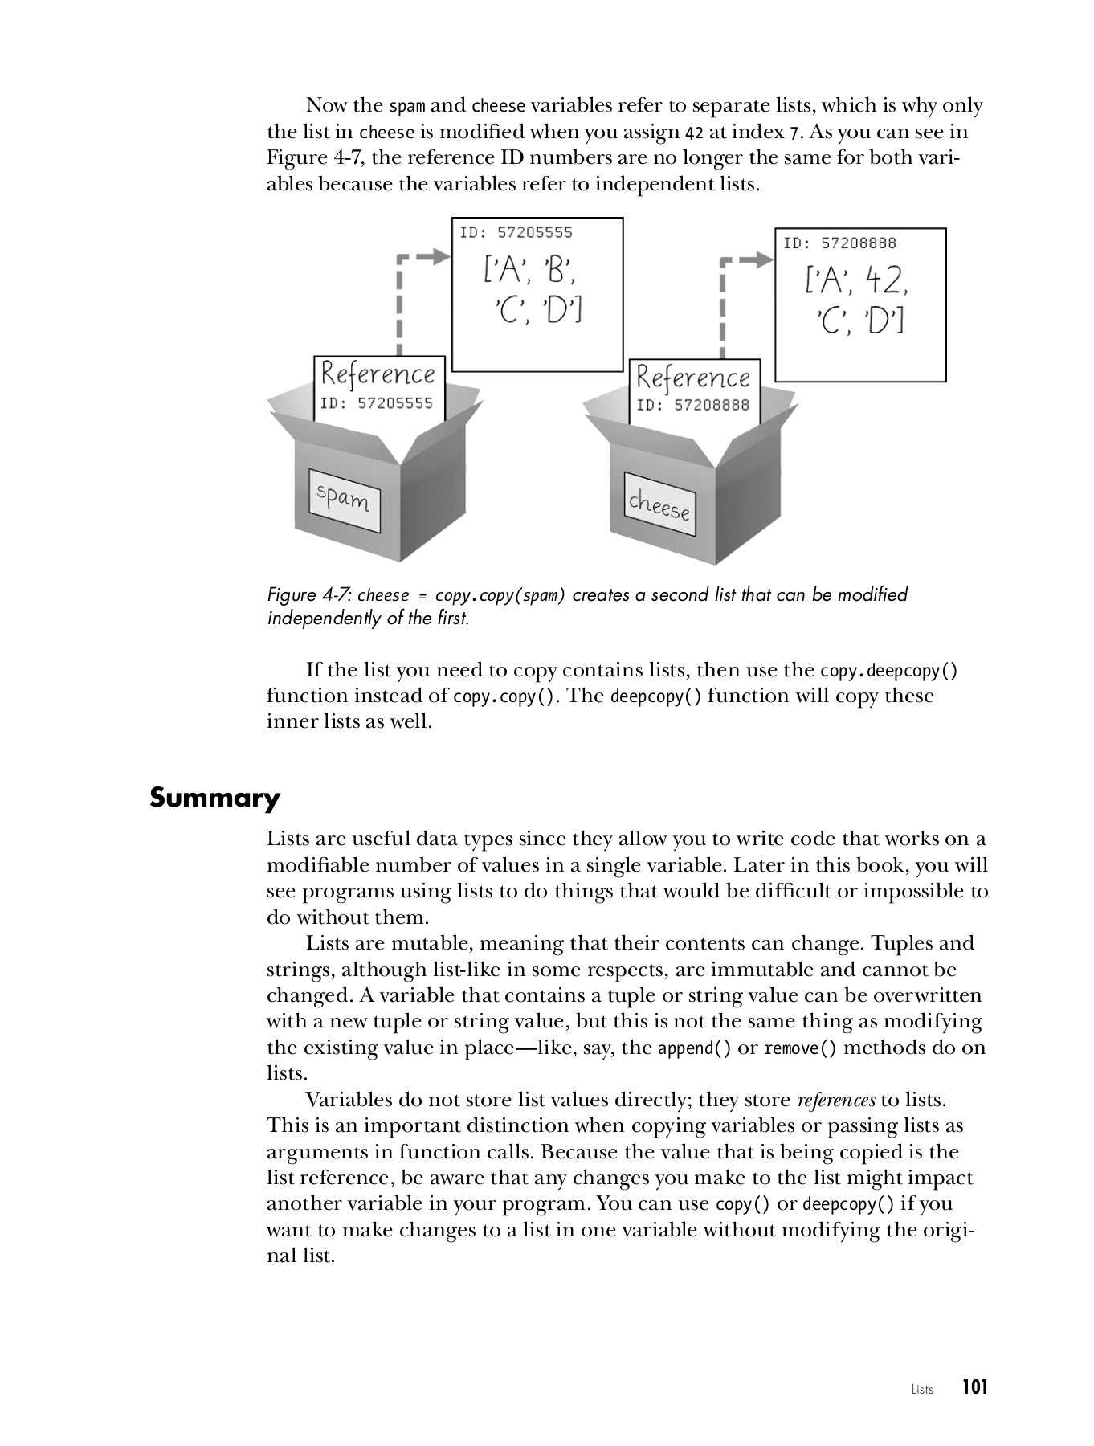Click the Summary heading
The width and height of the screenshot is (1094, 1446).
click(x=214, y=799)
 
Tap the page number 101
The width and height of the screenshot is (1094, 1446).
click(x=974, y=1387)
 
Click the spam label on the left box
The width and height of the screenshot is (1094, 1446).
click(x=344, y=500)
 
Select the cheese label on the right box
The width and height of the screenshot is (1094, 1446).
click(x=659, y=505)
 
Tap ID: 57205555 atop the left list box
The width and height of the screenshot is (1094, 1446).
click(x=516, y=232)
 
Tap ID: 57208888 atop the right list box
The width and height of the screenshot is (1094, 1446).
click(x=839, y=243)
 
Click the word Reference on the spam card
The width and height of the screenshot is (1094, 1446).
click(x=378, y=374)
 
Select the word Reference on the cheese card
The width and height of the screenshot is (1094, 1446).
click(x=693, y=378)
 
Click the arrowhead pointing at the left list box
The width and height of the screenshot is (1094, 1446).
click(x=439, y=256)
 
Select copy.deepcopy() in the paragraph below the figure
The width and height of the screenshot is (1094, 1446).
click(x=888, y=670)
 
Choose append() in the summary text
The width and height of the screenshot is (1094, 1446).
click(x=694, y=1048)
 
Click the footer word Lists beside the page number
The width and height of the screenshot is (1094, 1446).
click(x=922, y=1390)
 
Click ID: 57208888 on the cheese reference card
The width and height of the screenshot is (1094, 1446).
click(x=692, y=405)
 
